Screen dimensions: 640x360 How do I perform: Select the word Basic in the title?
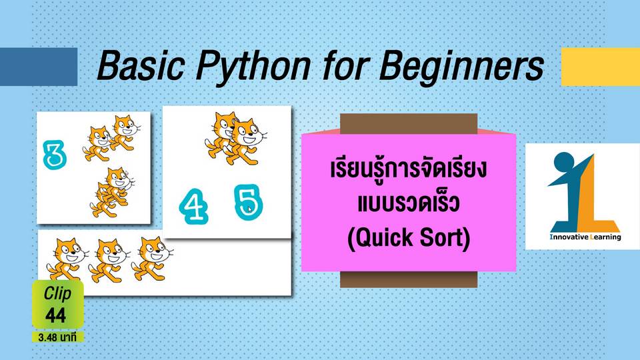[140, 65]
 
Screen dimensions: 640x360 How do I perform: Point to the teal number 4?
[193, 206]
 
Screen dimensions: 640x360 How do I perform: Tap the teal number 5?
[248, 202]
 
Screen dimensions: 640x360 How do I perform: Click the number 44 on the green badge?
[55, 315]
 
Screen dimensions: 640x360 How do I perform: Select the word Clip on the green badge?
[57, 293]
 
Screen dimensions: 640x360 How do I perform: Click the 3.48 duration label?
[57, 337]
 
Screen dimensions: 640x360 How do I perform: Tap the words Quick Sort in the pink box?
[409, 237]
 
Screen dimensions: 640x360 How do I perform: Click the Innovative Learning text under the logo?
[585, 237]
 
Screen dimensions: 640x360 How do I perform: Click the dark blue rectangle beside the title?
[39, 67]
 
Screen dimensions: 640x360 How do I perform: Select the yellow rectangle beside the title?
[601, 67]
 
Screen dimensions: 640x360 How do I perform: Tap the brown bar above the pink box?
[409, 124]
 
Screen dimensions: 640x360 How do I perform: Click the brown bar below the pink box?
[409, 279]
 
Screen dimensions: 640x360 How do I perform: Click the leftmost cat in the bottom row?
[66, 259]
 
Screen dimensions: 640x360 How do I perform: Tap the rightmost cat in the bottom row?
[151, 259]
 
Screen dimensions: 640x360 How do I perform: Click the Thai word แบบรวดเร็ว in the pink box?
[409, 203]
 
